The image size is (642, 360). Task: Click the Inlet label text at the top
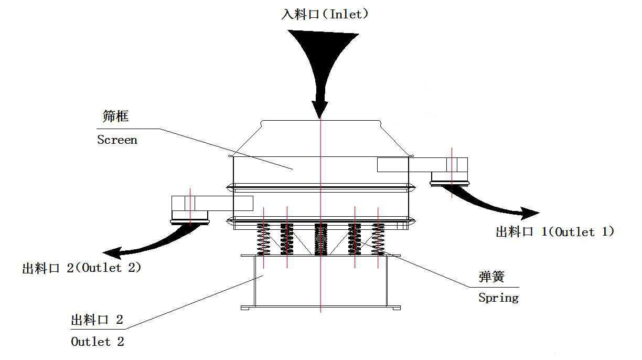pos(325,14)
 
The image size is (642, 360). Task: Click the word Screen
pos(117,140)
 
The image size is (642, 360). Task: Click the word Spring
pos(498,298)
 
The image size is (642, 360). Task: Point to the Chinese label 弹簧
pos(491,277)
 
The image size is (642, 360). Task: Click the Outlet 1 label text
pos(554,231)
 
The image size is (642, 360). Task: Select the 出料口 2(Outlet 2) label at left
pos(82,268)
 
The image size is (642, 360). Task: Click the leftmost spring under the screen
pos(263,239)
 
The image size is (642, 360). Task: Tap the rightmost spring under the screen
pos(378,239)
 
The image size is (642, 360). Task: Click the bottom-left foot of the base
pos(245,308)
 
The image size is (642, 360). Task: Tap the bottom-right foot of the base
pos(395,308)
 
